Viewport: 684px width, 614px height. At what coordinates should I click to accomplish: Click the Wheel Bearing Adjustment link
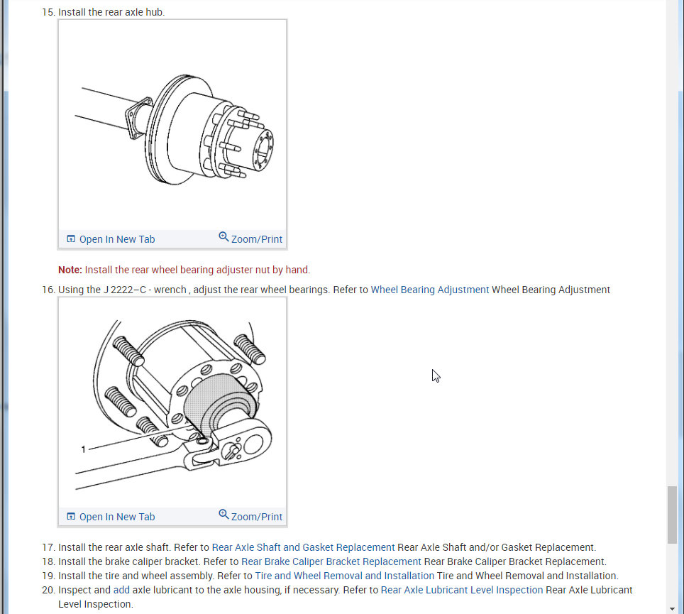(429, 290)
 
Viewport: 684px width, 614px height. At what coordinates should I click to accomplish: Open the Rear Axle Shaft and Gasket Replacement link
(303, 547)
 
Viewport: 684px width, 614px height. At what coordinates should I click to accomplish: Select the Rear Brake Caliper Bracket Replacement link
(331, 561)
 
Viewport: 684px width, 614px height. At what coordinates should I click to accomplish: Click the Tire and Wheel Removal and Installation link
(344, 576)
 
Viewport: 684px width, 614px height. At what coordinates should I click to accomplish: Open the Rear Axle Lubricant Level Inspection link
(461, 590)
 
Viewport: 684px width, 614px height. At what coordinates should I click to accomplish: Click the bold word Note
(70, 270)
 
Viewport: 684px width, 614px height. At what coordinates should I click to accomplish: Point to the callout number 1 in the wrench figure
(84, 449)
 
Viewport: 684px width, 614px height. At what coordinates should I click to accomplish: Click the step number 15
(48, 12)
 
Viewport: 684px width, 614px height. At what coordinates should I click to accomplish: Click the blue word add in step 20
(121, 590)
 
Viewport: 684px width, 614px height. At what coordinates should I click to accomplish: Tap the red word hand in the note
(297, 270)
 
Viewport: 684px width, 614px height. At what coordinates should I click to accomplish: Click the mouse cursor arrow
(436, 375)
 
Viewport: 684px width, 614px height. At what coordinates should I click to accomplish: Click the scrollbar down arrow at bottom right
(672, 608)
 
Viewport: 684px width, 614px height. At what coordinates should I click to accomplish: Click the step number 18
(48, 561)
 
